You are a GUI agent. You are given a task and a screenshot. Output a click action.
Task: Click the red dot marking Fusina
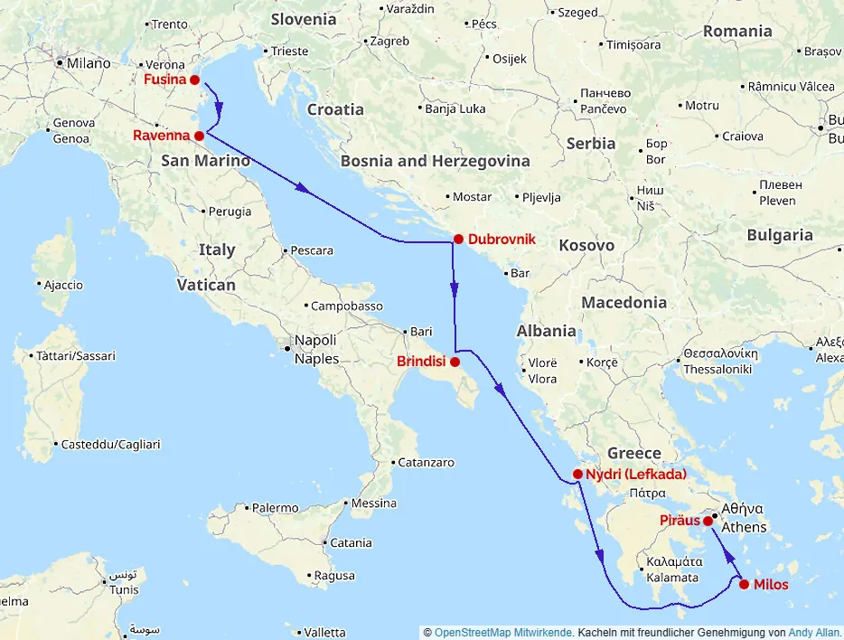[194, 80]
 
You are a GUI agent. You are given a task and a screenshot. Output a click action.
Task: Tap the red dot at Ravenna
[199, 136]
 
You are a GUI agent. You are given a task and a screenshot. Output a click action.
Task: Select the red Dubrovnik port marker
[458, 240]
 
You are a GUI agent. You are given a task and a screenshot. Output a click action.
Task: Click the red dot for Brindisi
[455, 362]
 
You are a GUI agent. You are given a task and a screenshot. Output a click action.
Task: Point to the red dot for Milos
[744, 585]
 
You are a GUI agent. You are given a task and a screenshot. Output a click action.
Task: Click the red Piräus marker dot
[708, 521]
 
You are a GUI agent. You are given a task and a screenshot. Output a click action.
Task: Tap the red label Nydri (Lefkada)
[636, 475]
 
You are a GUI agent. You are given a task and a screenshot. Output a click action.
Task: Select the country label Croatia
[335, 109]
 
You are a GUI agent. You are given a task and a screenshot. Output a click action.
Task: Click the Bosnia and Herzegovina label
[435, 161]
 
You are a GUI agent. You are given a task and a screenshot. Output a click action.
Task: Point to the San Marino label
[205, 161]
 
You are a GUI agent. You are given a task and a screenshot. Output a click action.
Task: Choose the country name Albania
[546, 331]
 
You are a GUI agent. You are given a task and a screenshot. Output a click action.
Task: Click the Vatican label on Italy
[206, 285]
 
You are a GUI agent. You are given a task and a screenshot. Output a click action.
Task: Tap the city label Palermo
[275, 508]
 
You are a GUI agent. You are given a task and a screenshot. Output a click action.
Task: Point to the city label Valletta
[325, 632]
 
